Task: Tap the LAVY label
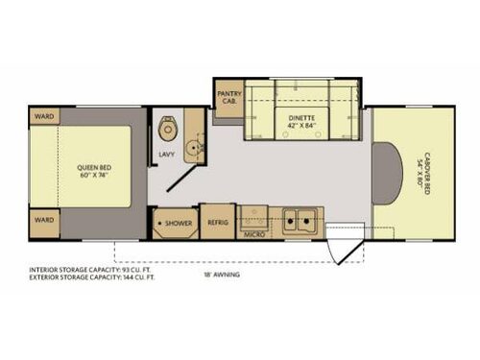tap(166, 153)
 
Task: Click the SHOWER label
tap(179, 224)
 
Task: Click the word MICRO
tap(253, 234)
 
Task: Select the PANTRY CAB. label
tap(228, 97)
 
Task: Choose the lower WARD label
tap(44, 220)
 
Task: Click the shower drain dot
tap(158, 224)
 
